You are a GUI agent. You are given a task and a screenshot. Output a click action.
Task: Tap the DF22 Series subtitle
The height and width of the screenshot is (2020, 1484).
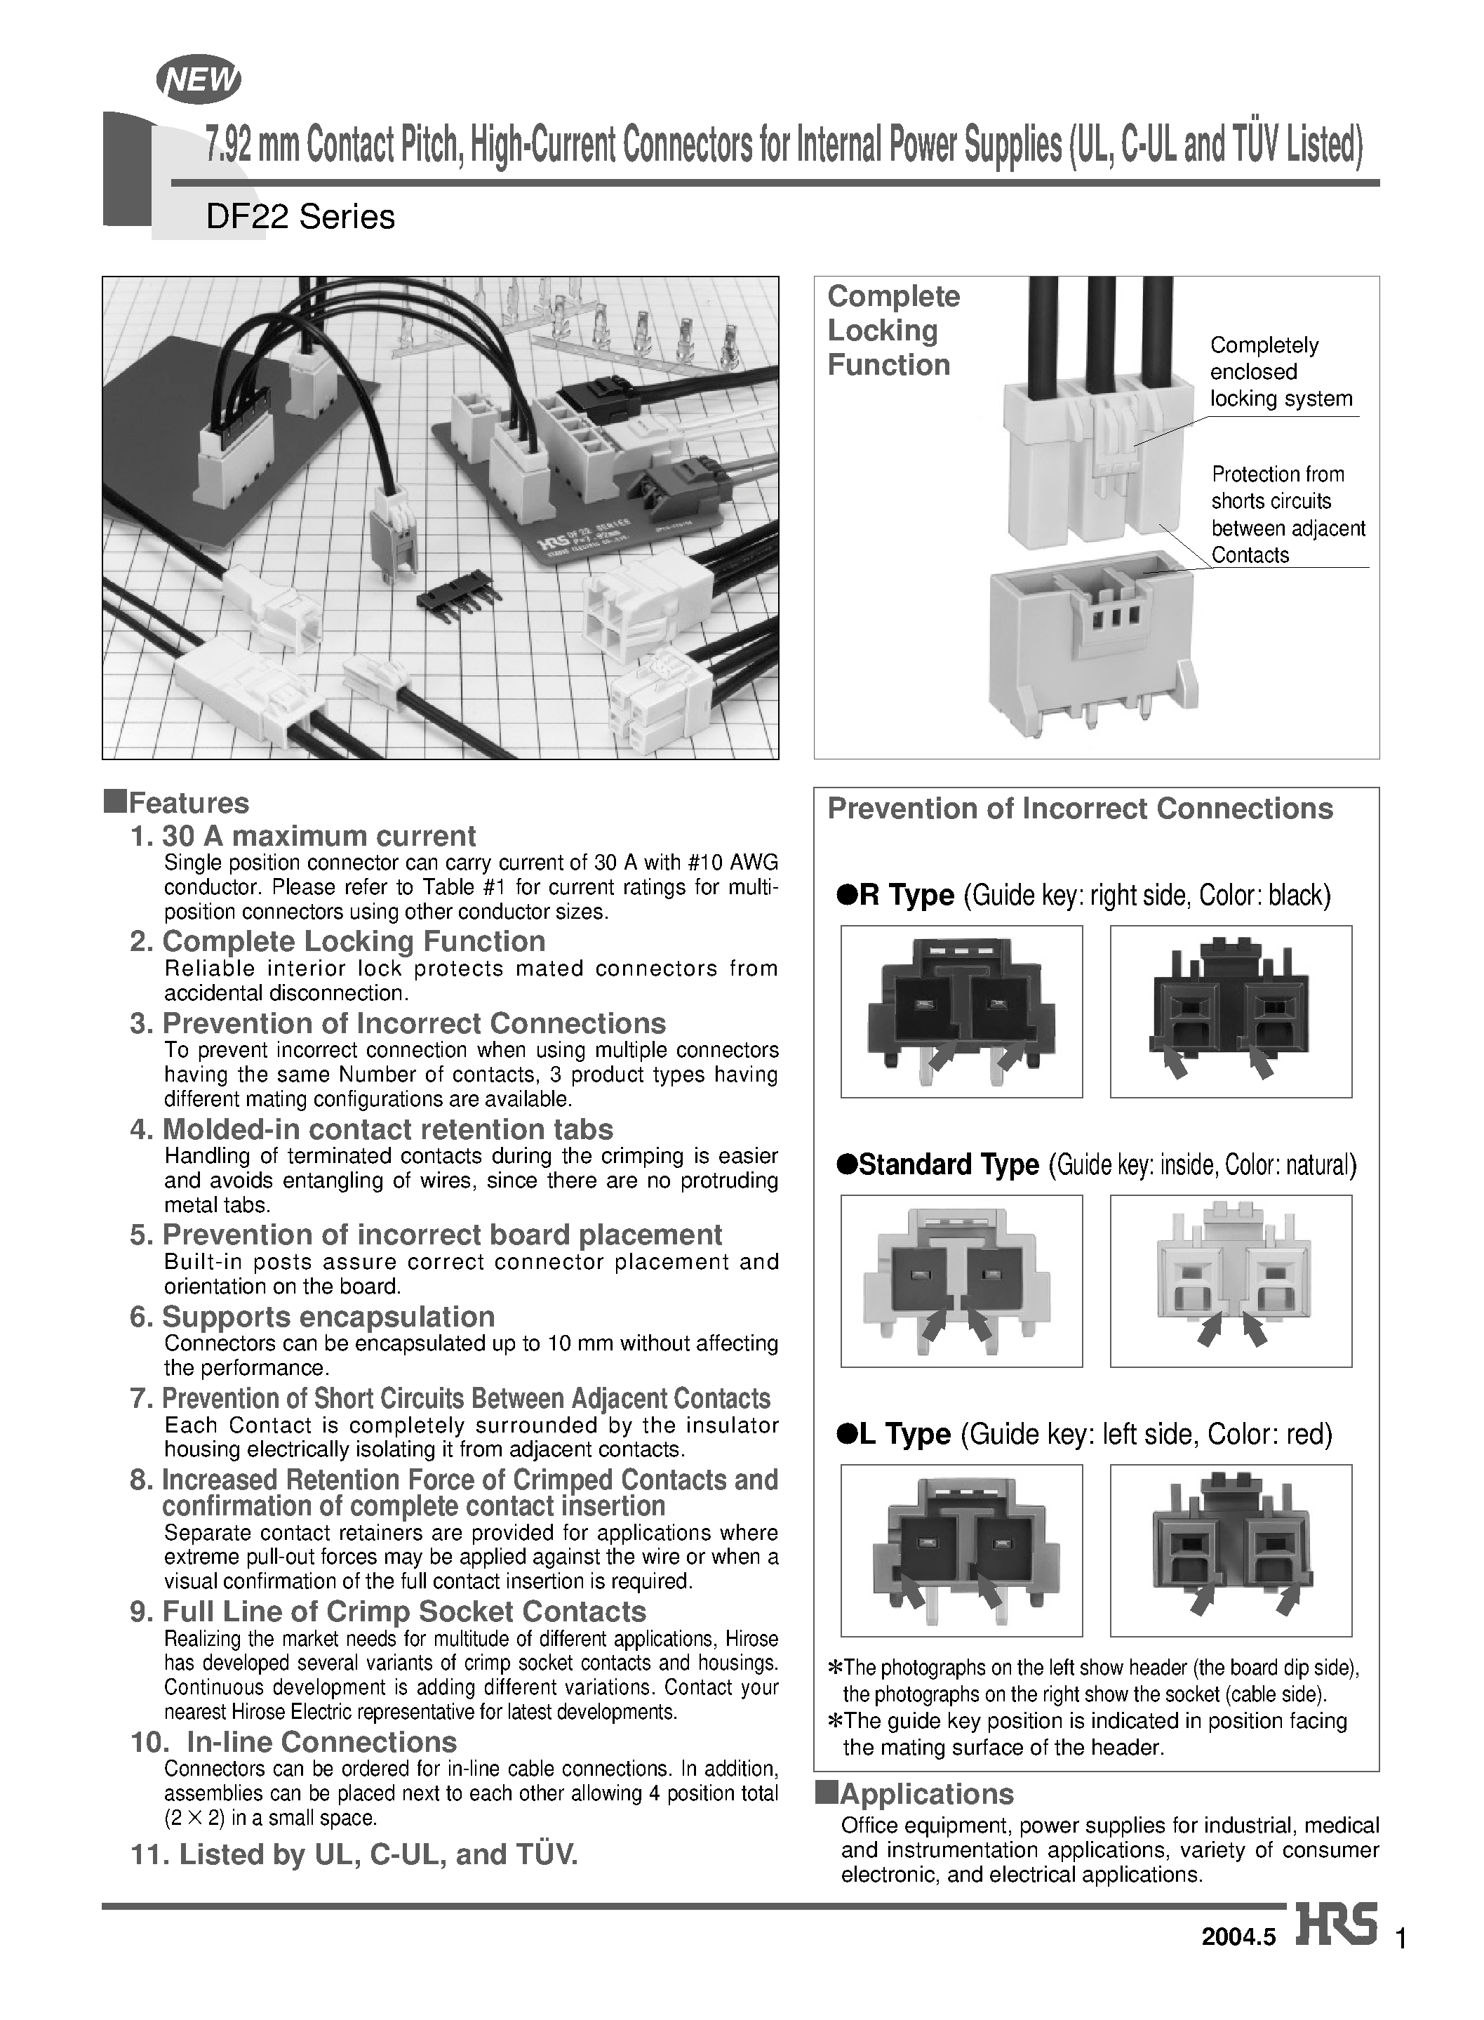pyautogui.click(x=300, y=218)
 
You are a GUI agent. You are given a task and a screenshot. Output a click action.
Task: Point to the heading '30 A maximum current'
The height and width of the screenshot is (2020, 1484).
pyautogui.click(x=318, y=837)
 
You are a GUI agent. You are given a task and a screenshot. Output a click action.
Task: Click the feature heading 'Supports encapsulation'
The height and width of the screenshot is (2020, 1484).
pyautogui.click(x=328, y=1317)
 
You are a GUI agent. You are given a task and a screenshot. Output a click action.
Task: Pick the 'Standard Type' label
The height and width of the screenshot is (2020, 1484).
pyautogui.click(x=949, y=1165)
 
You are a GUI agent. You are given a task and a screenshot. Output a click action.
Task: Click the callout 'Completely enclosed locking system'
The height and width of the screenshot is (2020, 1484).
pyautogui.click(x=1279, y=372)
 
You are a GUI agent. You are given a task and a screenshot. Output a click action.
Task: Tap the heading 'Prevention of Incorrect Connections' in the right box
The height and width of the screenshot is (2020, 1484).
pyautogui.click(x=1080, y=809)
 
